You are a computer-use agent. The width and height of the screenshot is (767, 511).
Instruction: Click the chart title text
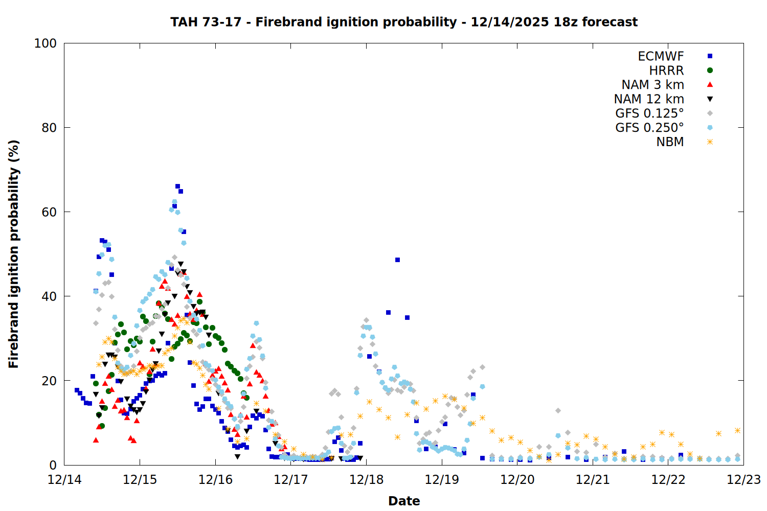click(x=404, y=22)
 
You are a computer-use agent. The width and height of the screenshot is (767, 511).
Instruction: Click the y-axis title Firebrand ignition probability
click(x=14, y=254)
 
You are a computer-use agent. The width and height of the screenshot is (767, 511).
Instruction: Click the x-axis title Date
click(x=404, y=501)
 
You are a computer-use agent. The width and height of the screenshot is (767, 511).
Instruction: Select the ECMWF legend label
click(x=661, y=56)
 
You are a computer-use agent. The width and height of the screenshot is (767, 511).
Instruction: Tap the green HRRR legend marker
click(x=710, y=71)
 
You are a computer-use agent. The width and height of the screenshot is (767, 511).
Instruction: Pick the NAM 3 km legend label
click(x=652, y=85)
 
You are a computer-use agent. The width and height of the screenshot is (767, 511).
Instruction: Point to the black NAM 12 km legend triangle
click(x=710, y=99)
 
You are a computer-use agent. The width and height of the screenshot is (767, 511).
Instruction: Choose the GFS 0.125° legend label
click(x=649, y=113)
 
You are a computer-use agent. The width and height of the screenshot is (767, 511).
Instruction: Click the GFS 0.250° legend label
click(x=649, y=128)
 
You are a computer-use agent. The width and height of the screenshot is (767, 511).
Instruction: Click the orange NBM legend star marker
click(x=710, y=142)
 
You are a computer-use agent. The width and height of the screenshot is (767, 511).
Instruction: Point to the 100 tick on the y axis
click(x=46, y=43)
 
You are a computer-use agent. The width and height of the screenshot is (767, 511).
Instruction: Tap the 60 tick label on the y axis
click(x=49, y=212)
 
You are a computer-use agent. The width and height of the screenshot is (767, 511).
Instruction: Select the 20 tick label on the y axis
click(x=49, y=381)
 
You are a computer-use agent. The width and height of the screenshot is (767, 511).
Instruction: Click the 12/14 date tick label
click(x=64, y=480)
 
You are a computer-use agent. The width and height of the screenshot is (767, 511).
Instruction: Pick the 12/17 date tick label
click(x=291, y=480)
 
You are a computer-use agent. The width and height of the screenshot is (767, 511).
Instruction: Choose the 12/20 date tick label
click(x=517, y=480)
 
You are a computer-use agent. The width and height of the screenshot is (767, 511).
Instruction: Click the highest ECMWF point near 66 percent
click(x=177, y=187)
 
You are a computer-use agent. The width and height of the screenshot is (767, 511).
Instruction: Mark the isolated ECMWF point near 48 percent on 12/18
click(x=397, y=260)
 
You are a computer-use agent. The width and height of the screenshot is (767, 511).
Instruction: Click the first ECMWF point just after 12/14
click(x=77, y=390)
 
